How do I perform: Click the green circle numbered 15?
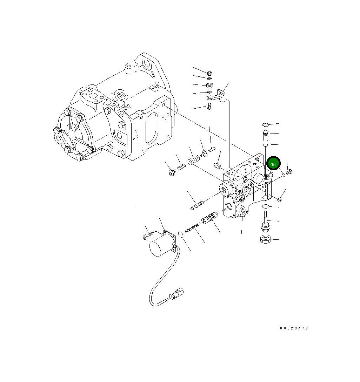[x=273, y=164]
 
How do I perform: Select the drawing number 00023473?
[x=294, y=328]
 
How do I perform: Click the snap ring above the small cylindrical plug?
[x=265, y=125]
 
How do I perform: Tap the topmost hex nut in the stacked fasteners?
[x=209, y=73]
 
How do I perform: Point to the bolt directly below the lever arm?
[x=209, y=106]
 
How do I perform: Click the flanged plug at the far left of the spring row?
[x=172, y=173]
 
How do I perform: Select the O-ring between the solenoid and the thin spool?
[x=181, y=234]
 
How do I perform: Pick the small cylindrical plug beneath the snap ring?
[x=265, y=135]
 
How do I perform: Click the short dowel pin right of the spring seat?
[x=211, y=150]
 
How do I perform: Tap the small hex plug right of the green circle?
[x=289, y=172]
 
